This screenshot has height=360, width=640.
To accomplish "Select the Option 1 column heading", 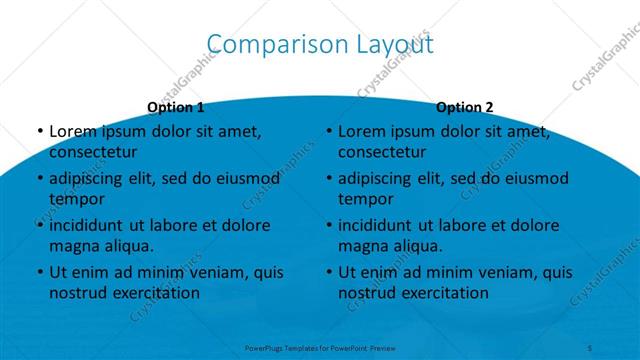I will (175, 107).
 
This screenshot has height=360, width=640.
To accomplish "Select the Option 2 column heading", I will (464, 107).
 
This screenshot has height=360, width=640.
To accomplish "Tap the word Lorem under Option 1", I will (74, 131).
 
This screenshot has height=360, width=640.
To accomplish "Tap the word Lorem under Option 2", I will (363, 131).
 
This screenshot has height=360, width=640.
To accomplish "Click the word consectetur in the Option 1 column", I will (93, 152).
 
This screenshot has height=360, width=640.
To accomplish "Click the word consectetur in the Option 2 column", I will (382, 152).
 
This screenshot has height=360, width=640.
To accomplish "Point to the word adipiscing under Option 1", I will (91, 179).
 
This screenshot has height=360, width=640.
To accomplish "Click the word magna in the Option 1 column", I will (73, 245).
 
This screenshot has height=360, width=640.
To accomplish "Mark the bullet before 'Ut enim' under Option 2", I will (328, 272).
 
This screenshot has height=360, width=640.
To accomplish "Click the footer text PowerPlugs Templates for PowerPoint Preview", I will (320, 349).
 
